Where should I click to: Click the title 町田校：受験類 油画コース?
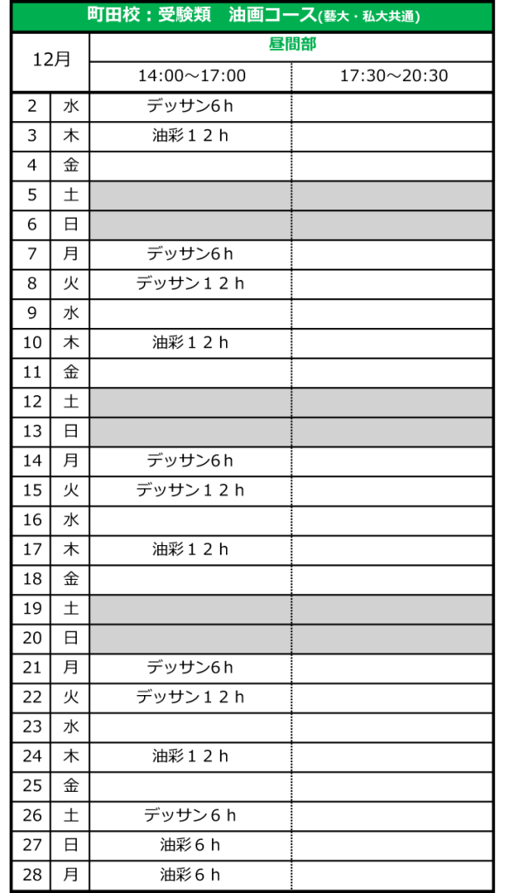click(202, 16)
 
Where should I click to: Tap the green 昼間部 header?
click(292, 44)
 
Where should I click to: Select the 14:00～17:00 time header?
click(192, 76)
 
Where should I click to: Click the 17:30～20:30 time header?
click(394, 76)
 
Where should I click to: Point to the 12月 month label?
click(51, 59)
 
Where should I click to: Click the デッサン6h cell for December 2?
click(189, 106)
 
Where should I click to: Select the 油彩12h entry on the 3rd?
click(189, 135)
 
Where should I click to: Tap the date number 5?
click(32, 194)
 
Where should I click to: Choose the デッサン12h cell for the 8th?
click(189, 283)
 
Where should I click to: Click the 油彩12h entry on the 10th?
click(189, 342)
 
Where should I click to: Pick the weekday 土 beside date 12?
click(71, 401)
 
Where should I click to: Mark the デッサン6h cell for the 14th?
click(189, 460)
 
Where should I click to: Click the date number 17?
click(32, 549)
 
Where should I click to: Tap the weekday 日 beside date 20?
click(71, 637)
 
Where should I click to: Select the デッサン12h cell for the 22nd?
click(189, 697)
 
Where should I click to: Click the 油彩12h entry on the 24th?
click(189, 756)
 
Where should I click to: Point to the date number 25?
click(32, 786)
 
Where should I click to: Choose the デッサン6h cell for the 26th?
click(189, 815)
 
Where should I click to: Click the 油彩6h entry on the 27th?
click(189, 844)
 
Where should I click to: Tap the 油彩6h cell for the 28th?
click(189, 874)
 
